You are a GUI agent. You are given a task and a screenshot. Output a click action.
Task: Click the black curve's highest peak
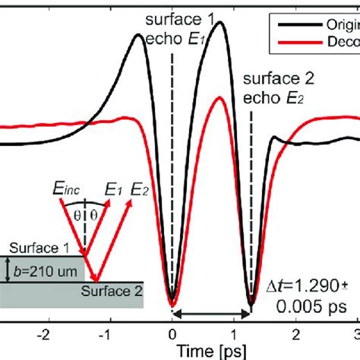[x=221, y=23]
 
